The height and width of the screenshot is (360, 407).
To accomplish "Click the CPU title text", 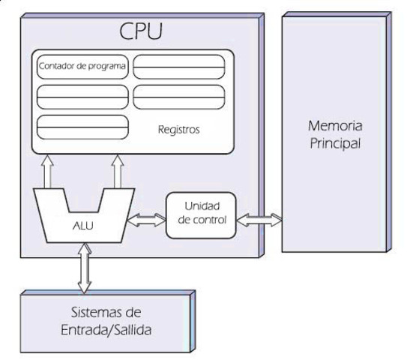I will [x=141, y=32].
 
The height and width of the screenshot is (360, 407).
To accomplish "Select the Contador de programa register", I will [x=82, y=67].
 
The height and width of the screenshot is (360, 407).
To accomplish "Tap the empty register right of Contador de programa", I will [x=179, y=67].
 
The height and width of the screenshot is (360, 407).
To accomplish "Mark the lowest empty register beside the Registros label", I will [x=82, y=126].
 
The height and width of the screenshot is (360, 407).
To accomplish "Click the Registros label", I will [x=179, y=128].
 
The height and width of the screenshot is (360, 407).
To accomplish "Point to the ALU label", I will [x=83, y=223].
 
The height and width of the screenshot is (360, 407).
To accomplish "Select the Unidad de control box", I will [x=200, y=214].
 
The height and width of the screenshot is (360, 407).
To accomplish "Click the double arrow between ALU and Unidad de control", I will [x=147, y=221].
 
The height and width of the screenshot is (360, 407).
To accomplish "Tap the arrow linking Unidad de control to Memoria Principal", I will [x=259, y=220].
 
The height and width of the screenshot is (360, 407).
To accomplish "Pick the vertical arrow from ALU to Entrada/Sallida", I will [x=84, y=267].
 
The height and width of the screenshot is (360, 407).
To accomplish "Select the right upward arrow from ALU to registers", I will [x=118, y=172].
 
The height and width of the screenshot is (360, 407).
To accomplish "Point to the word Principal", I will [x=335, y=142].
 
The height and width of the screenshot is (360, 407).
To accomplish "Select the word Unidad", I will [x=200, y=207].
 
